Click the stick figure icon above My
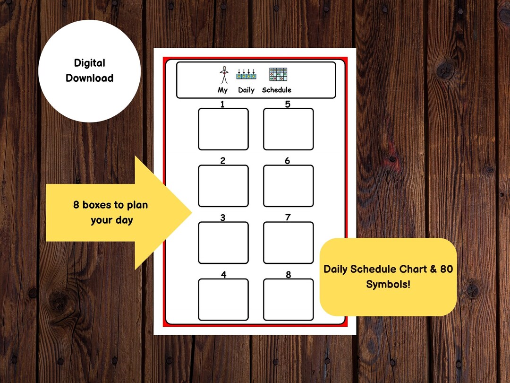[x=223, y=75]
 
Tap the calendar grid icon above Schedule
[x=278, y=74]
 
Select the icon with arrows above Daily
[x=246, y=74]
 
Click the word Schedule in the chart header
[x=277, y=90]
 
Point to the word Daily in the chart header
[x=246, y=90]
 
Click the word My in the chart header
[x=222, y=90]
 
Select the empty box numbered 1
[x=223, y=129]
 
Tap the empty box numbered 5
[x=288, y=129]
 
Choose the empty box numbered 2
[x=223, y=186]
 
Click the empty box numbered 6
[x=288, y=186]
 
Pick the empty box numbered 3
[x=223, y=243]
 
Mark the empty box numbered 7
[x=288, y=243]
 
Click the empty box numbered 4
[x=223, y=299]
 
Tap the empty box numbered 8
[x=288, y=299]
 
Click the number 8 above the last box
[x=288, y=275]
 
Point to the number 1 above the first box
[x=222, y=104]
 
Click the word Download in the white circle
[x=90, y=78]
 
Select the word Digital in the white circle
[x=90, y=63]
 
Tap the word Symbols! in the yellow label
[x=388, y=284]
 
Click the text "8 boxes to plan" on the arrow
[x=110, y=205]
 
